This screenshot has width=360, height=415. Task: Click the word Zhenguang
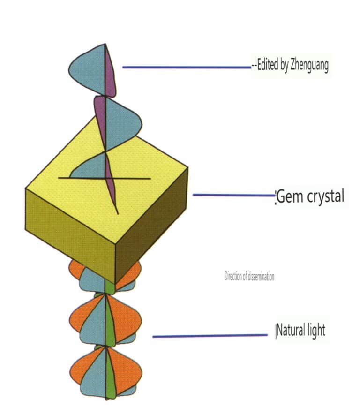click(x=307, y=66)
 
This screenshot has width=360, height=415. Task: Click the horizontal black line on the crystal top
click(x=136, y=178)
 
